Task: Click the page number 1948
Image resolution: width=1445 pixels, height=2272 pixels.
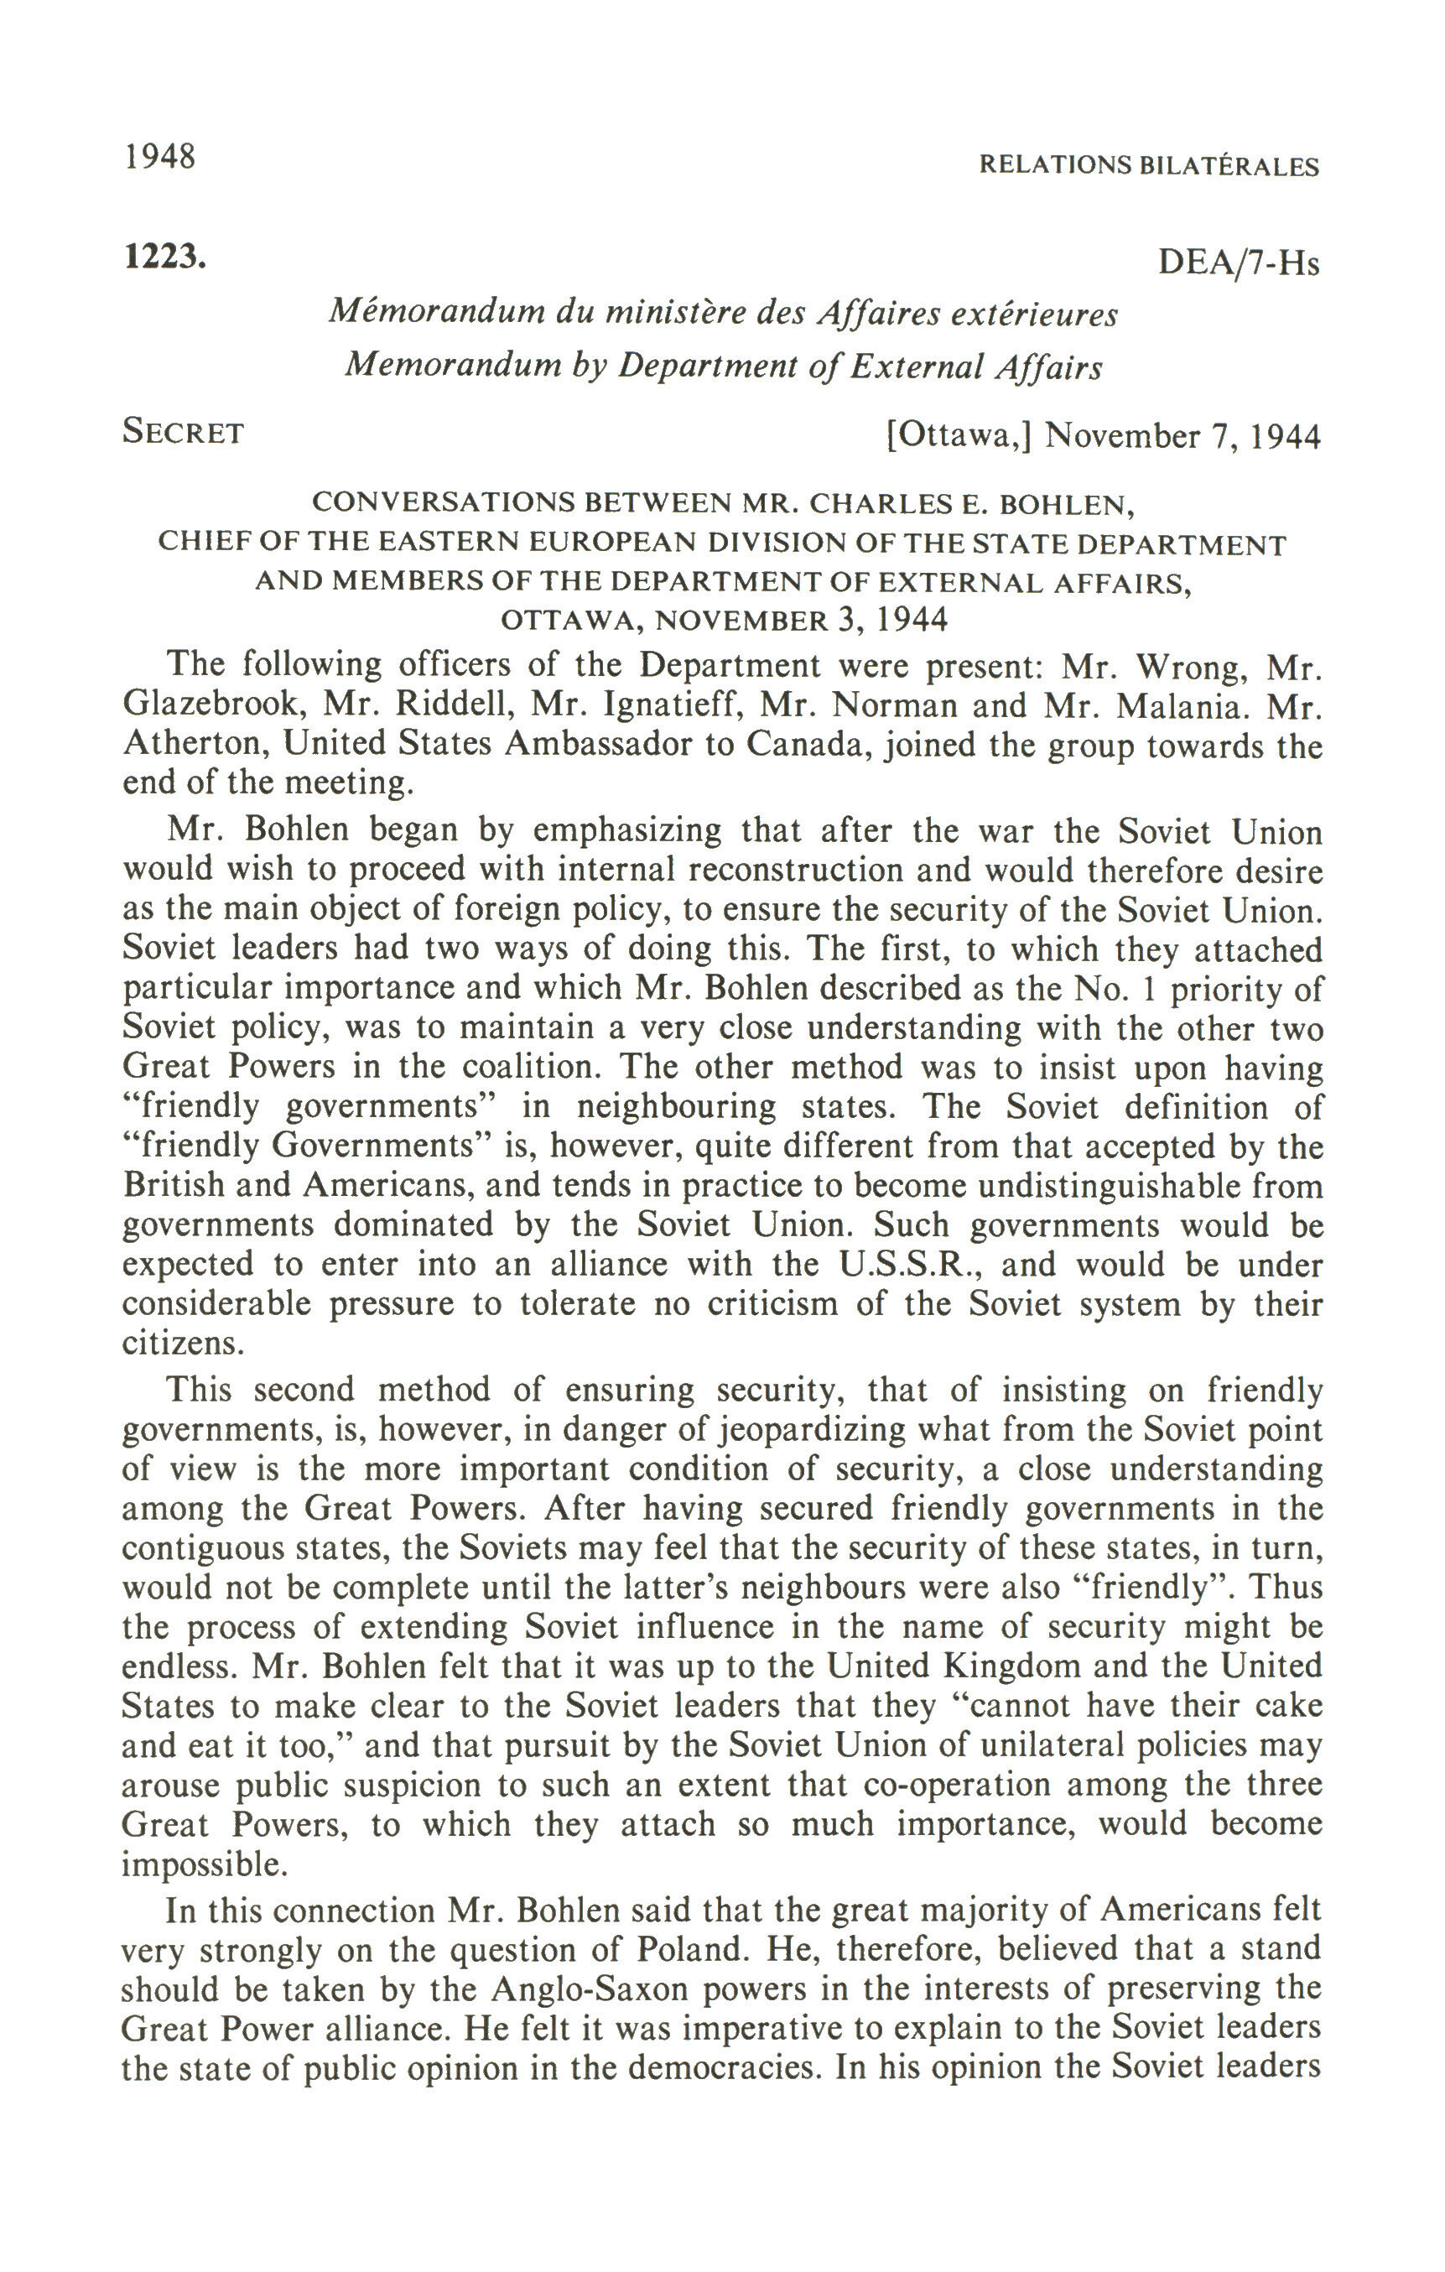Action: coord(159,157)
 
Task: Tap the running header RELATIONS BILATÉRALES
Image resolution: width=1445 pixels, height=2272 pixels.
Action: coord(1148,166)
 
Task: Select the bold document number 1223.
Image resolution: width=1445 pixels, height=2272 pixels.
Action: coord(164,256)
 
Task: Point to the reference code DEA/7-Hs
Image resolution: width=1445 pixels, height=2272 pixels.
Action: coord(1238,263)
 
